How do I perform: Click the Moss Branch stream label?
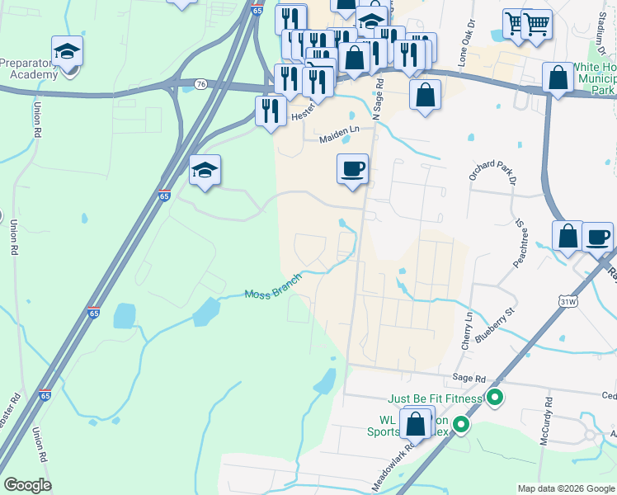[273, 295]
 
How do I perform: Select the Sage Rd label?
[468, 377]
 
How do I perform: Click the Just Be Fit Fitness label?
[435, 399]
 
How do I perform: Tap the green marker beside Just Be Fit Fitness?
[495, 399]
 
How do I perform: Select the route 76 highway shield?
[201, 84]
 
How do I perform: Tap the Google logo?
[27, 485]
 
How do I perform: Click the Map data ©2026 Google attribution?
[566, 488]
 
